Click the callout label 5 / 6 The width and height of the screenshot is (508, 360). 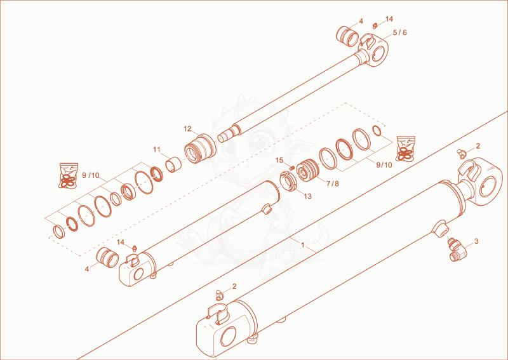[400, 33]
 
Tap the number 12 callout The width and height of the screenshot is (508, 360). [187, 129]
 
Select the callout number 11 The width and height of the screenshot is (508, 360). [157, 150]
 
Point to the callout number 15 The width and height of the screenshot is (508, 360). [279, 160]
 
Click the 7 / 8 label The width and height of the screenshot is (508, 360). [332, 183]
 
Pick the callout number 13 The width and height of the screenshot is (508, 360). [307, 196]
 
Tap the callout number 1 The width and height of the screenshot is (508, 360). [303, 245]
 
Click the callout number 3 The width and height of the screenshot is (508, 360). [476, 241]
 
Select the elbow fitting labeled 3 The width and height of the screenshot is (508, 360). [457, 250]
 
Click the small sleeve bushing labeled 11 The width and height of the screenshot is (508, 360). [173, 164]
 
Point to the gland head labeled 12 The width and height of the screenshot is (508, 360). [200, 149]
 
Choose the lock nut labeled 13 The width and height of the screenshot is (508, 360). [288, 182]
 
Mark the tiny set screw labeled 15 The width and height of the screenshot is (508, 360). [291, 168]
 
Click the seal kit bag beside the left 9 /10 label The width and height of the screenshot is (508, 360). [69, 175]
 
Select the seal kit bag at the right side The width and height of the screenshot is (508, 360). [406, 149]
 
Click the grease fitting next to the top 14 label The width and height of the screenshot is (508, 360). [375, 25]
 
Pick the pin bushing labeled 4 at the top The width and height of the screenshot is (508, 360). [347, 36]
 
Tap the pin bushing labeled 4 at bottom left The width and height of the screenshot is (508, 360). [107, 258]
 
